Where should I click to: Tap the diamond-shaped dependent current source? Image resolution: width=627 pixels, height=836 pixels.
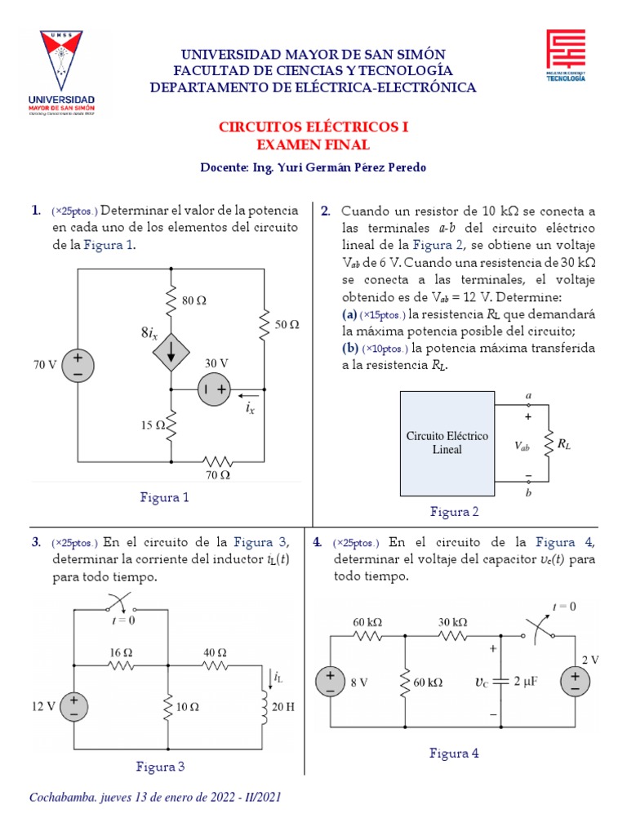click(x=171, y=352)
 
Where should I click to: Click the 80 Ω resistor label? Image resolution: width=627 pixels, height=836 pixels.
click(x=194, y=300)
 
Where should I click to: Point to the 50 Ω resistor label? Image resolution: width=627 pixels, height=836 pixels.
click(x=287, y=324)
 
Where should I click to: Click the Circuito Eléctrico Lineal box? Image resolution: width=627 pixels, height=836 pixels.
click(x=447, y=443)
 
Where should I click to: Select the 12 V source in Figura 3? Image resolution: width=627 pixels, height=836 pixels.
click(x=73, y=705)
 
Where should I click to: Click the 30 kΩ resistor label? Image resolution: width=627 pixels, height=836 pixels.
click(x=453, y=621)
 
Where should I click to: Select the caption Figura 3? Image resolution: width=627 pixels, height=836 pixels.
click(x=161, y=767)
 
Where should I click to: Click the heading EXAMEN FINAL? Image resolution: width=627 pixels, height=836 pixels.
click(x=313, y=145)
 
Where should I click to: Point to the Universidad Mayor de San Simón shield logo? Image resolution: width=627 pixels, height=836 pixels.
click(x=62, y=73)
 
